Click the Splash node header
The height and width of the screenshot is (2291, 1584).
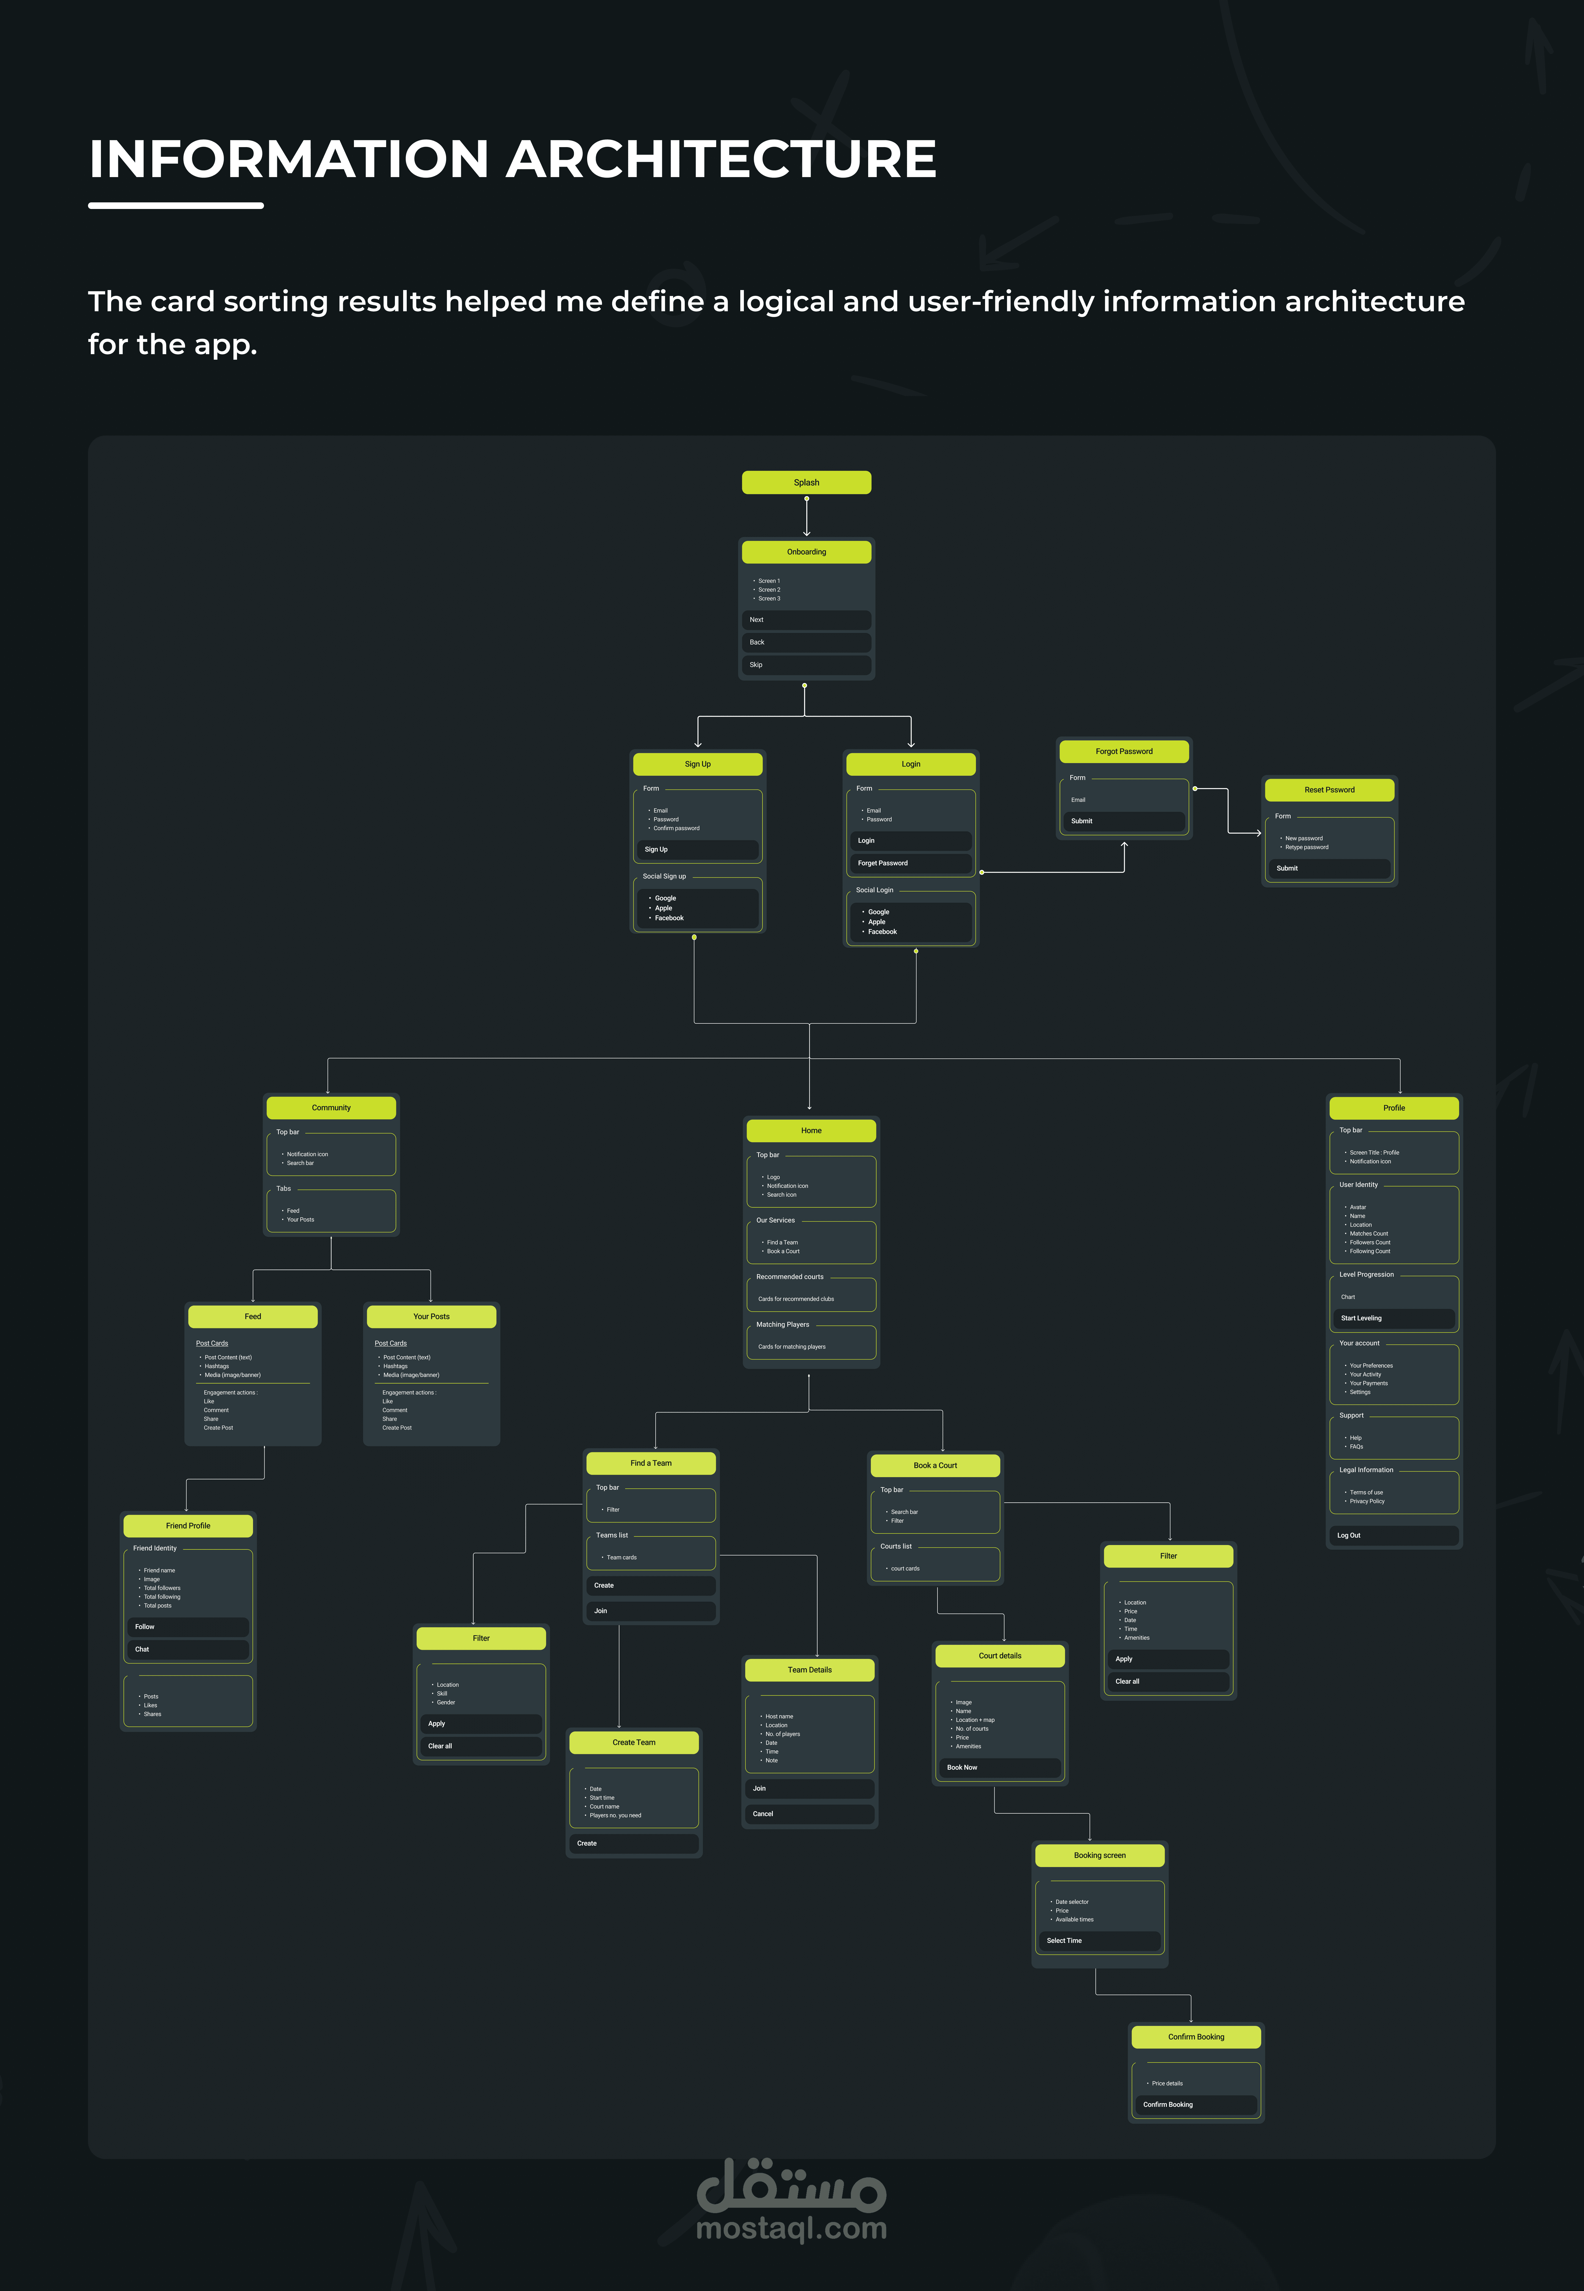(806, 482)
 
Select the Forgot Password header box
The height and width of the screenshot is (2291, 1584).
(1123, 751)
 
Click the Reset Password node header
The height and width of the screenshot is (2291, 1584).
(1329, 790)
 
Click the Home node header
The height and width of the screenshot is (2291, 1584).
(811, 1130)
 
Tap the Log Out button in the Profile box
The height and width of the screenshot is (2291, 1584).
(1393, 1535)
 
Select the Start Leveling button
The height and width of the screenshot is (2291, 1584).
(1393, 1318)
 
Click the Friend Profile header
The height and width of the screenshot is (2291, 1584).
(188, 1525)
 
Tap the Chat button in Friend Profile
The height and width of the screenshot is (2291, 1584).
(188, 1649)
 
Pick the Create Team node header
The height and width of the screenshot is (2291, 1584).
(633, 1742)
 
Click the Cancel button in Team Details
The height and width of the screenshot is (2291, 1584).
(809, 1814)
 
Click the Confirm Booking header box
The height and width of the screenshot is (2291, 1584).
(1196, 2037)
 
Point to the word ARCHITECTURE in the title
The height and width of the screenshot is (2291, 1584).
(724, 159)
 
